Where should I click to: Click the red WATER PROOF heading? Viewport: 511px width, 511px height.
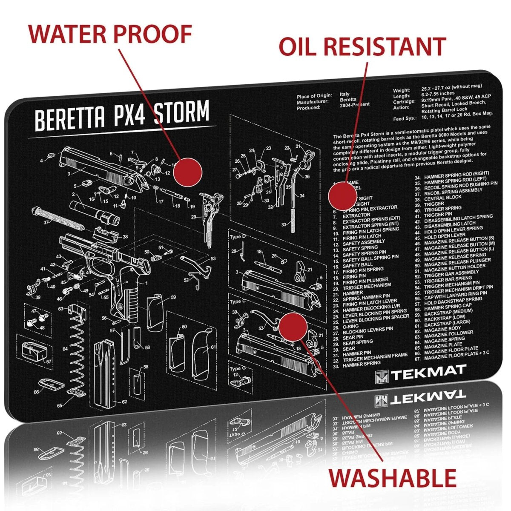(110, 34)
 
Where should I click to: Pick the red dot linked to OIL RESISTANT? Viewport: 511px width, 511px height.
(342, 195)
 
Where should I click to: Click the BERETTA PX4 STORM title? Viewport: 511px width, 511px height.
(122, 115)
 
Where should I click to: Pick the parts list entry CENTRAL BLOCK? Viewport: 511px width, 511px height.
(442, 198)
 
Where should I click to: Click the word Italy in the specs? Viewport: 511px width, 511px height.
(344, 94)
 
